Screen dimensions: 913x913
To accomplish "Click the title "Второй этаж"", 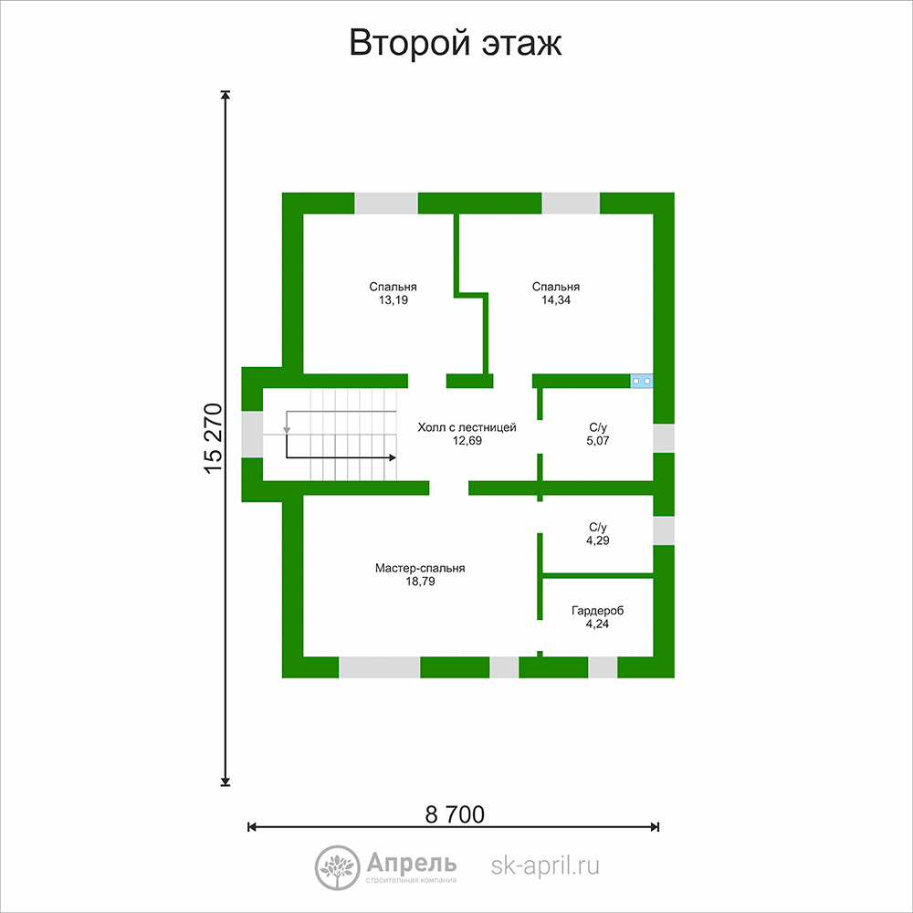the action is point(456,43).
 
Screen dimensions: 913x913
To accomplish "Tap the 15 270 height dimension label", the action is point(214,438).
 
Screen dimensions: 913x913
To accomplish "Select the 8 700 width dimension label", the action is point(455,814).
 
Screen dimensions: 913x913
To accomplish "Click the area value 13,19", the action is point(393,300).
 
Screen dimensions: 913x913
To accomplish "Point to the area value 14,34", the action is point(556,300).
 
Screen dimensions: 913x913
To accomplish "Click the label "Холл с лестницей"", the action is point(467,427).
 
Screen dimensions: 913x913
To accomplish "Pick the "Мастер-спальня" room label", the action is point(420,568).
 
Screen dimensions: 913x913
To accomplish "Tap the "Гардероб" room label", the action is point(597,611).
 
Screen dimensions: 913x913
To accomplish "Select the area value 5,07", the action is point(598,441).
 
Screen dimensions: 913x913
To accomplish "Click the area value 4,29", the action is point(598,540).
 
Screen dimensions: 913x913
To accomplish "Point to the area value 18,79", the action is point(420,581).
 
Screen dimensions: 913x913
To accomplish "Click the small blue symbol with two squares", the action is point(642,381).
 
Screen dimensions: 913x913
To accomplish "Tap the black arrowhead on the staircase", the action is point(393,457).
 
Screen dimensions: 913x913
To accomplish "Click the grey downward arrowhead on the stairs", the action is point(287,430).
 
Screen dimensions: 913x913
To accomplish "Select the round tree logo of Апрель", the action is point(337,867).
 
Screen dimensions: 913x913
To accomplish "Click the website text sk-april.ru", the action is point(545,866).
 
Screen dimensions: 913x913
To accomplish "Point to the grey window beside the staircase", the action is point(252,435).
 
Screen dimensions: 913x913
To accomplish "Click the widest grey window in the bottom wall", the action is point(380,667).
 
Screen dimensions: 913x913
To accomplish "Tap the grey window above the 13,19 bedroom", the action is point(386,204).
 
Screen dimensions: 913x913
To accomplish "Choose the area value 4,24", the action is point(597,624).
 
